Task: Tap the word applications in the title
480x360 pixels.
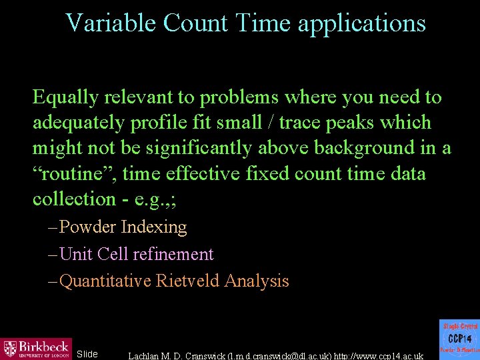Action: (x=361, y=24)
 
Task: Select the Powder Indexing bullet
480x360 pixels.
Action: (x=123, y=227)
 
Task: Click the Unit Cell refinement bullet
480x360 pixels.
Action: (x=136, y=254)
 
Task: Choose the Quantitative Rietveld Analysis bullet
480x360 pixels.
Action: (x=174, y=281)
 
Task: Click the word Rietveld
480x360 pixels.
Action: (x=189, y=281)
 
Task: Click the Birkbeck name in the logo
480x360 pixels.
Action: (x=44, y=347)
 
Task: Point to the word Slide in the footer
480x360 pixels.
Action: (x=87, y=354)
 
